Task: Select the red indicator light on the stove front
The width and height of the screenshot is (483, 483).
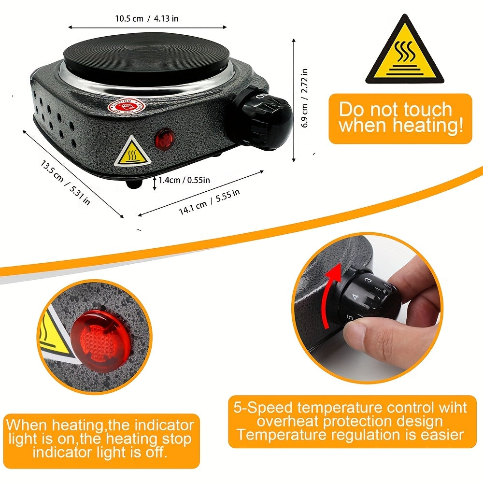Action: (x=164, y=139)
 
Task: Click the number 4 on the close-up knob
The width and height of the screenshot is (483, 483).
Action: (x=356, y=297)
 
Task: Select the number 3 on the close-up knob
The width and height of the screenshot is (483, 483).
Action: (x=369, y=280)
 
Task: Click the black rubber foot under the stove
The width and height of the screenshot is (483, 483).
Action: (x=134, y=184)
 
